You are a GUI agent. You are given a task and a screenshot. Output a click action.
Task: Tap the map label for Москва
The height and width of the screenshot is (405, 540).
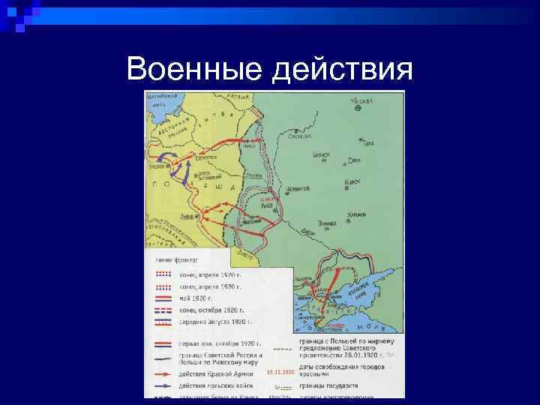[364, 100]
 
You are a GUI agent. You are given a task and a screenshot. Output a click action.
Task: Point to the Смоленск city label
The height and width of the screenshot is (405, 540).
[301, 136]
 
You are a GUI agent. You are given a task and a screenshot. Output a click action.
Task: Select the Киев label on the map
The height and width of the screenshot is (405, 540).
[267, 202]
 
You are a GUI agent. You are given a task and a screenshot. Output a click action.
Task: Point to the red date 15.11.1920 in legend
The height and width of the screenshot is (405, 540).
[280, 372]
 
